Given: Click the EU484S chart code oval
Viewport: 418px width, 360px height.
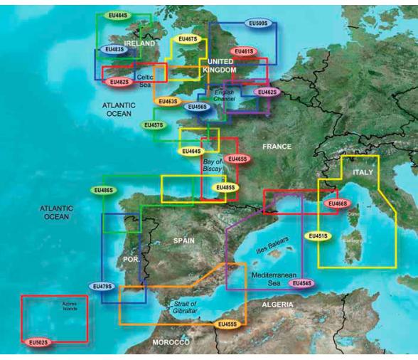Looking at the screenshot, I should point(117,15).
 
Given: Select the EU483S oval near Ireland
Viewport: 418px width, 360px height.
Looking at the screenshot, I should point(112,50).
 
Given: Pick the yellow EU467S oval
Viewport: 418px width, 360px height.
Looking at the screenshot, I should point(188,39).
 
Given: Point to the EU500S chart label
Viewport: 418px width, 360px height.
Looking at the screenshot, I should point(257,23).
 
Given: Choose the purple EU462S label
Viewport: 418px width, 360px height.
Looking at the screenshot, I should point(267,92).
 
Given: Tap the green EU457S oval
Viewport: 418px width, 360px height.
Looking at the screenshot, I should point(154,125).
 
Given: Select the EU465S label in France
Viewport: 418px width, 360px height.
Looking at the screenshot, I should point(237,159).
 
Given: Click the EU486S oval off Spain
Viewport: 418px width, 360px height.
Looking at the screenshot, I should point(103,191).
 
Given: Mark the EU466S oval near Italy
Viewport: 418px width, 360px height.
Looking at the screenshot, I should point(337,203).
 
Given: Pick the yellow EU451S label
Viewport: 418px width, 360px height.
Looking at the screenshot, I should point(317,235).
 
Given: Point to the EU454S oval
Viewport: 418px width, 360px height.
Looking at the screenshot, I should point(302,283).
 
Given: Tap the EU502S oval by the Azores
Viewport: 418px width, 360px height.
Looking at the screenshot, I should point(38,343).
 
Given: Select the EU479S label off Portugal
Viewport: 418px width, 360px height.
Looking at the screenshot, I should point(102,286).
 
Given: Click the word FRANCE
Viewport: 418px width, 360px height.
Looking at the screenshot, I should point(277,147).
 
